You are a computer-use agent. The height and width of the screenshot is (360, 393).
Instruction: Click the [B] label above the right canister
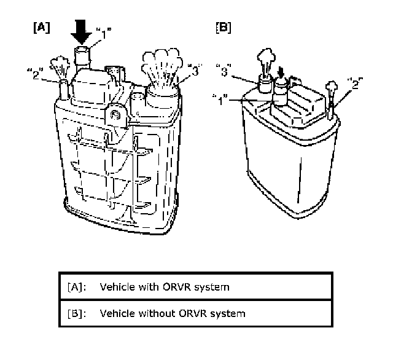pos(224,27)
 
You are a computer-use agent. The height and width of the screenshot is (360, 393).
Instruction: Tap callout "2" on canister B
pos(354,80)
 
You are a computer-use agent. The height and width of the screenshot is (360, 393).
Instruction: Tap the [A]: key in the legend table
pos(75,287)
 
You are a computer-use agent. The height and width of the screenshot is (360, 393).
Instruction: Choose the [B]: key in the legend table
pos(75,313)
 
